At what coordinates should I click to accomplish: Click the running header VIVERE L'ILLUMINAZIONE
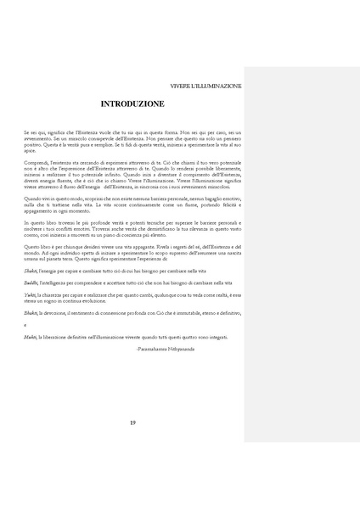[206, 87]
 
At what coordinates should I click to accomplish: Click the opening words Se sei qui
[34, 133]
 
